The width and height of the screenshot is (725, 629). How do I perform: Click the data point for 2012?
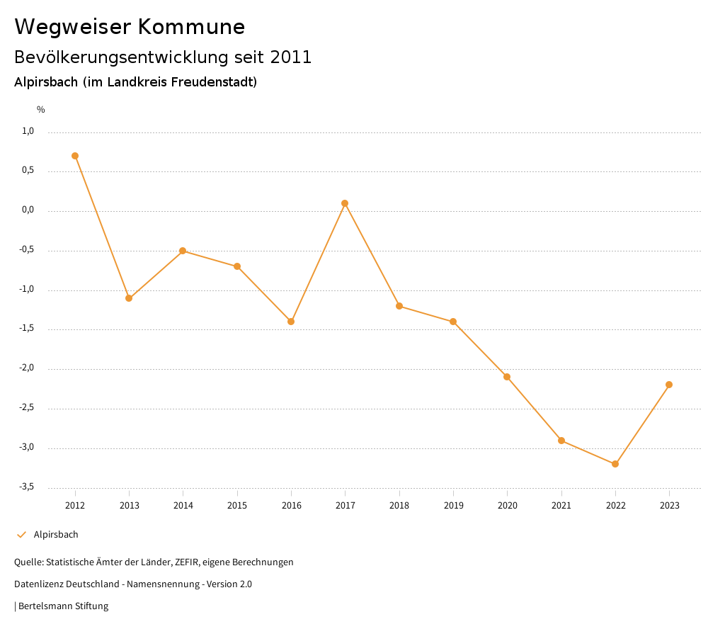click(x=75, y=156)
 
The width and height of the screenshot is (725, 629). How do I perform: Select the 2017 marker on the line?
click(x=345, y=203)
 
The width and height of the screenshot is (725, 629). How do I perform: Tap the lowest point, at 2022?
click(x=615, y=464)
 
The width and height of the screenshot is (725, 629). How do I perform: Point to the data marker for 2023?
click(x=669, y=385)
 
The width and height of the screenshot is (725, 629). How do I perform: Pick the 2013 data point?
click(x=129, y=298)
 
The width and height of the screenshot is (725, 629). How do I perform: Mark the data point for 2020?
click(x=507, y=377)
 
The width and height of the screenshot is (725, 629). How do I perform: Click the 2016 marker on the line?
click(x=291, y=322)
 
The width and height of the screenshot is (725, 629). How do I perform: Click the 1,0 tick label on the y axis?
click(x=28, y=131)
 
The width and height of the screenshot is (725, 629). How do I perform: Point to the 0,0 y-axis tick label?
click(x=28, y=210)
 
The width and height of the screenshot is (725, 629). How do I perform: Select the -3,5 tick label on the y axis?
click(x=27, y=487)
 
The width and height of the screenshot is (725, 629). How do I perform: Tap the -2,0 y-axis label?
click(x=27, y=368)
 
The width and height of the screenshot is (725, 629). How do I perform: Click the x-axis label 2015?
click(x=237, y=506)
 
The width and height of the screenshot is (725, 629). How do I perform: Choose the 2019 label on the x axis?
click(x=453, y=506)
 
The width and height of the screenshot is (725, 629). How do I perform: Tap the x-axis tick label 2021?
click(x=561, y=506)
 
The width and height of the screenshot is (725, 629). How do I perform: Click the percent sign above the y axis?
click(x=41, y=110)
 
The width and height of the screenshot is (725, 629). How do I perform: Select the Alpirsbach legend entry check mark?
click(x=21, y=535)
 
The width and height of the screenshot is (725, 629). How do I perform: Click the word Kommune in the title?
click(x=191, y=27)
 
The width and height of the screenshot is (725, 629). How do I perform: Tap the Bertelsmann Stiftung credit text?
click(x=63, y=606)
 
